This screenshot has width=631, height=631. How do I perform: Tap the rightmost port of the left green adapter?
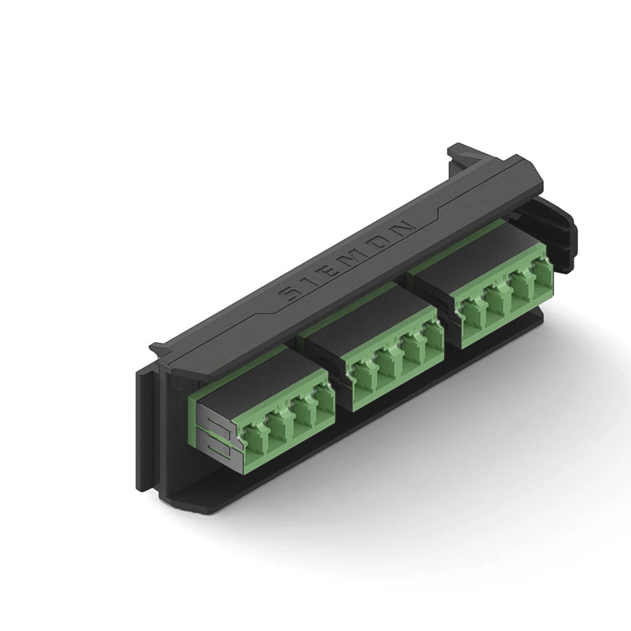(x=325, y=405)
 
